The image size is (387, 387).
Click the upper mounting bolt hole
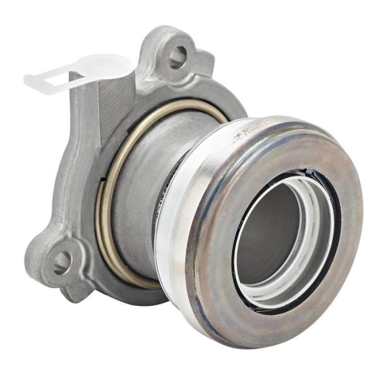tap(179, 54)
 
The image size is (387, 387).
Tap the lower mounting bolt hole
tap(60, 263)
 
